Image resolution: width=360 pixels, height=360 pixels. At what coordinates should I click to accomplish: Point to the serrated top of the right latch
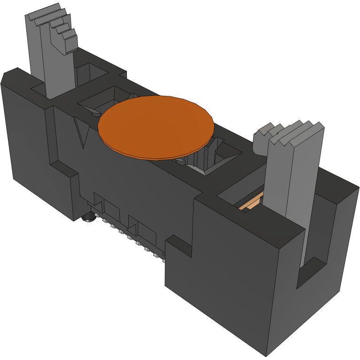click(289, 132)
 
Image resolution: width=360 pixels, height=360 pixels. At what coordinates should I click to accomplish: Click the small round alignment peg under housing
click(88, 218)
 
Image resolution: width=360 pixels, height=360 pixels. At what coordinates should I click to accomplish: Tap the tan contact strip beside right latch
click(249, 203)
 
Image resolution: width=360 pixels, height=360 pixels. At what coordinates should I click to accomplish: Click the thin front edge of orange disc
click(155, 154)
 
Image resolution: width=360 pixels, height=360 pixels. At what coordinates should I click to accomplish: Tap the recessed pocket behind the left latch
click(89, 73)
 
